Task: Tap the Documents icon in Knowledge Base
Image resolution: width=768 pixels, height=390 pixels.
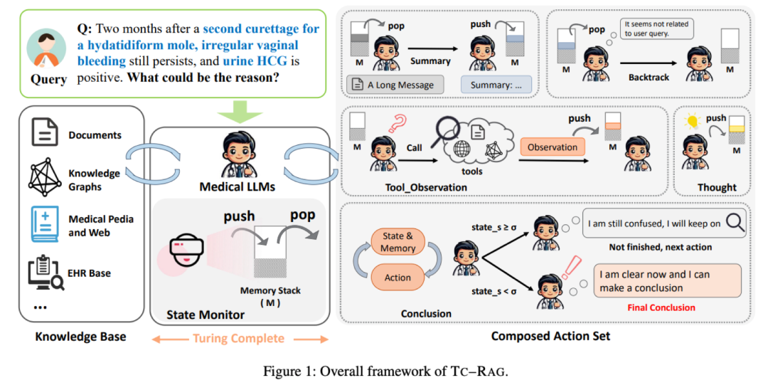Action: click(44, 133)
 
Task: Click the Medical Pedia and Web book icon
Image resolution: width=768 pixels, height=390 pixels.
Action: click(44, 225)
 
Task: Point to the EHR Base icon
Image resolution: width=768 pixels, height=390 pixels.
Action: click(45, 273)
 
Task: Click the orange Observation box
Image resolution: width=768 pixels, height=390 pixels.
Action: click(553, 147)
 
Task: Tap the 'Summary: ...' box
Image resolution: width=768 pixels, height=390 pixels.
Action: click(496, 85)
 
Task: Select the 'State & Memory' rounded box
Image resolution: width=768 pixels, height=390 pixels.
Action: click(398, 242)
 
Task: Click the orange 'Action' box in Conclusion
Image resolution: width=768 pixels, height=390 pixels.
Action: click(398, 278)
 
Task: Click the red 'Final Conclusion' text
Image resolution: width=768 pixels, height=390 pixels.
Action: click(661, 307)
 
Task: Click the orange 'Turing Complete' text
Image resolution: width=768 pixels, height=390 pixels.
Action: click(238, 338)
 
